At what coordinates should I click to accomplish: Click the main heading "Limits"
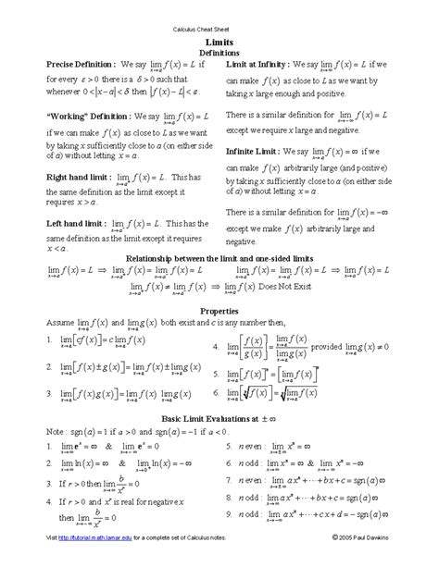tap(220, 43)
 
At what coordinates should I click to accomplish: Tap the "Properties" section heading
tap(220, 311)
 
